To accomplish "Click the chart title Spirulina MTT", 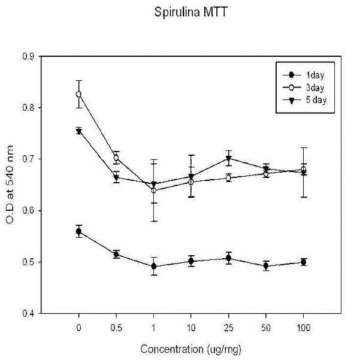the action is point(191,12).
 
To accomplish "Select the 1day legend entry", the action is point(303,75).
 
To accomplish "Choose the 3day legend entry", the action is point(303,87).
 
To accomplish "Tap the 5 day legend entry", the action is point(304,100).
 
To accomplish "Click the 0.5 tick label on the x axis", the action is point(116,328).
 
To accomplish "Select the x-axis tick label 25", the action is point(228,328).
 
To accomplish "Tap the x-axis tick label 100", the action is point(304,328).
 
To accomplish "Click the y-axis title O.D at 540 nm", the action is point(10,184).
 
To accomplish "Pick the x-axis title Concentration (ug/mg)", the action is point(191,349).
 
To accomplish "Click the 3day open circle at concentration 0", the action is point(78,94).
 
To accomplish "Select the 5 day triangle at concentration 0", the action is point(78,132).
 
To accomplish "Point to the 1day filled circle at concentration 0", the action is point(78,231).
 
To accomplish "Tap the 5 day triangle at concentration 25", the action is point(228,158).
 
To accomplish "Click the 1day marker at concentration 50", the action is point(266,266).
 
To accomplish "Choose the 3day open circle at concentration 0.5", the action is point(116,158).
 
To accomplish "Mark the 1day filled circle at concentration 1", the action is point(154,267).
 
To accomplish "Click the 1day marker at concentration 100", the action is point(304,262).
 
